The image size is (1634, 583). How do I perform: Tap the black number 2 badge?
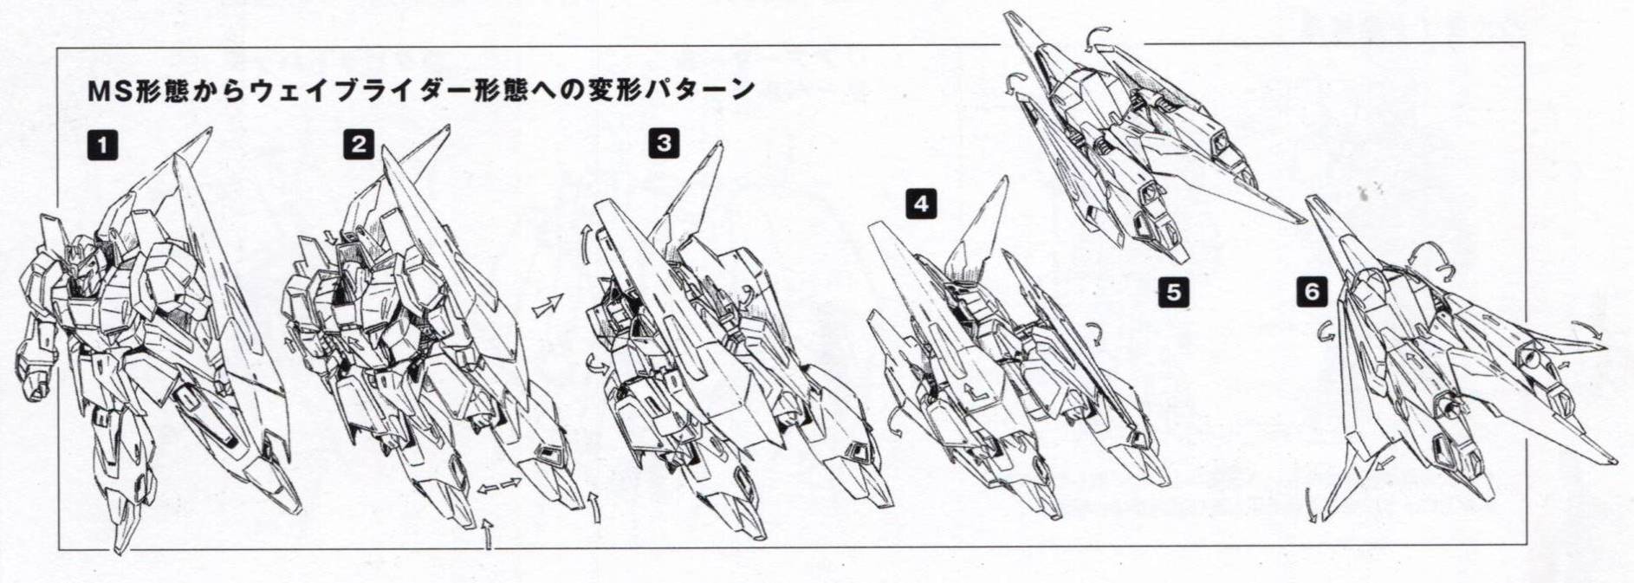359,144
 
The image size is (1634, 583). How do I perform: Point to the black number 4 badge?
921,204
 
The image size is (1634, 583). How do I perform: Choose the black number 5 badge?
1174,292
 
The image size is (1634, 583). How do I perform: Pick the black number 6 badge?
1312,292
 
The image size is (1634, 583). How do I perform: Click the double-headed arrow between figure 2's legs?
500,486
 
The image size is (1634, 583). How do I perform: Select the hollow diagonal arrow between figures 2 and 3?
547,306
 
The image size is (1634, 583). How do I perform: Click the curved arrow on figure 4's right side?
1095,332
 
